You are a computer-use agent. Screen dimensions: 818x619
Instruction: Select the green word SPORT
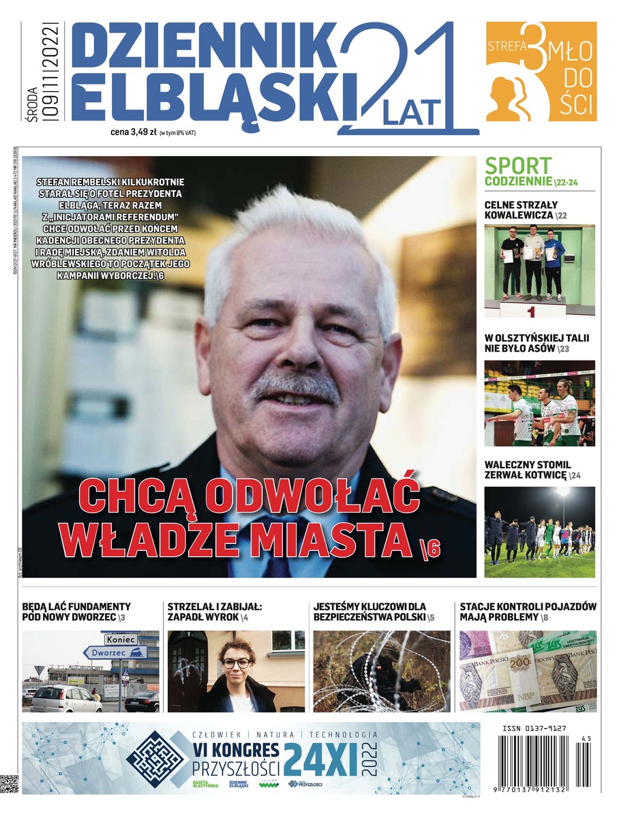518,165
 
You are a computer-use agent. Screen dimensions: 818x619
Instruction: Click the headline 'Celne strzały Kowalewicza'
522,210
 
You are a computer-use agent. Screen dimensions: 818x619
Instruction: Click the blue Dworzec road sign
115,652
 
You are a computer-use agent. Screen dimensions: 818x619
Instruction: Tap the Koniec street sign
120,639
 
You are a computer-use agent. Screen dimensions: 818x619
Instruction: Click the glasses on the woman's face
236,663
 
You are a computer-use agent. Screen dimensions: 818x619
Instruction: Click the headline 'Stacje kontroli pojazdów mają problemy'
527,611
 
